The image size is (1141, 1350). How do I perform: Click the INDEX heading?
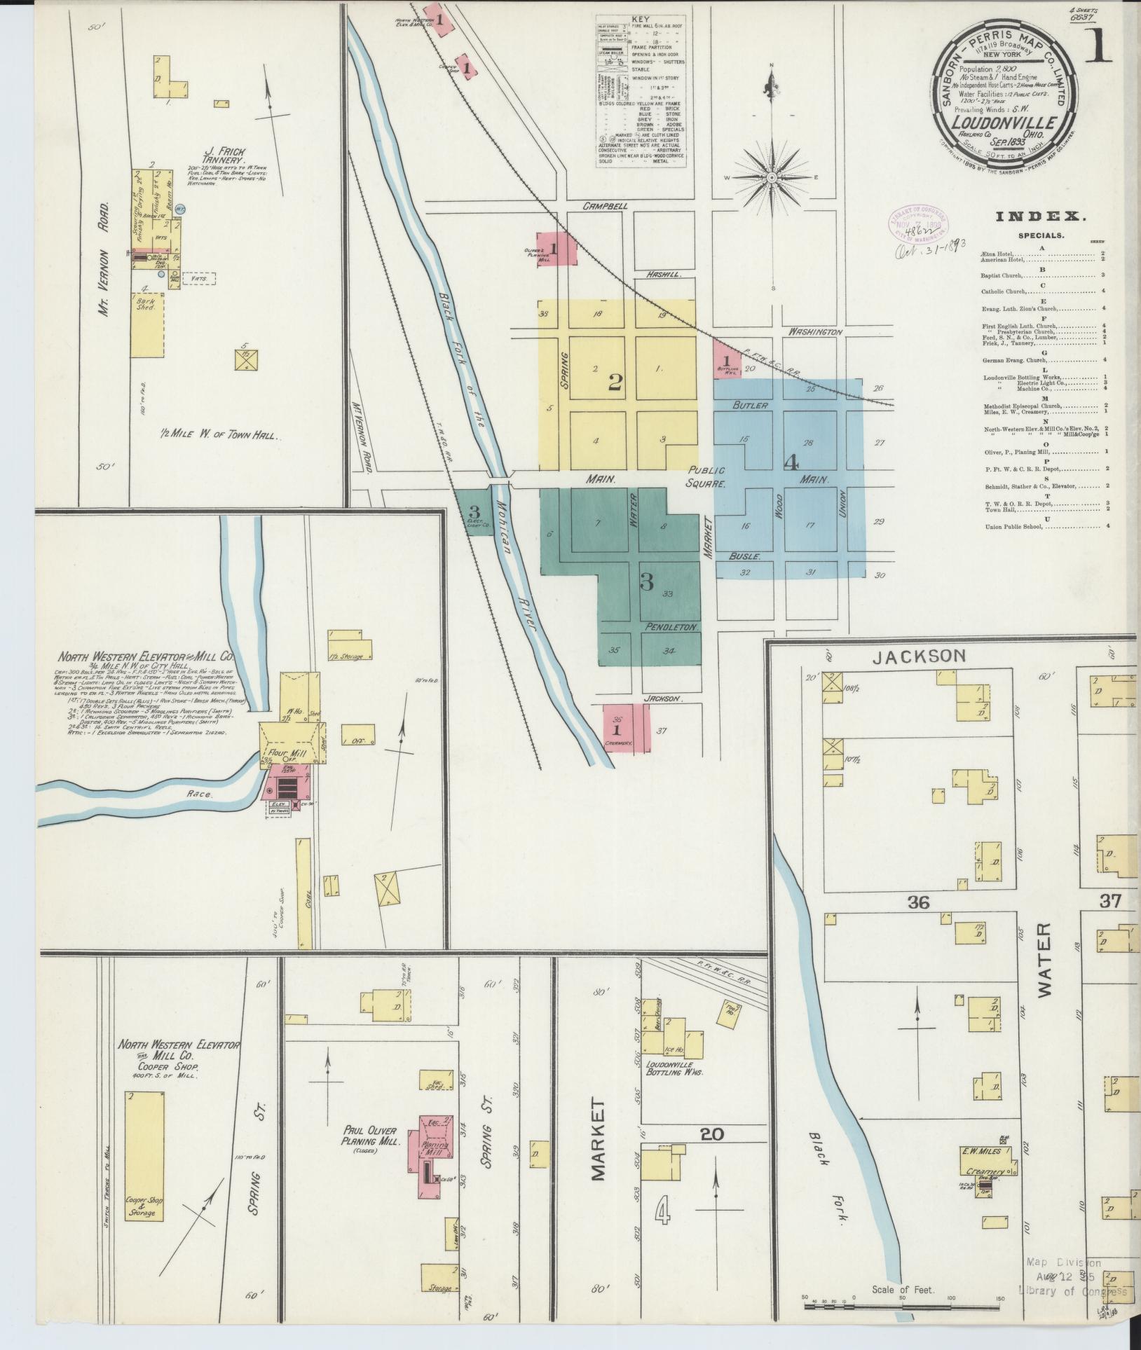[x=1041, y=217]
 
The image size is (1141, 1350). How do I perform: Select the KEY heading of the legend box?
[x=641, y=20]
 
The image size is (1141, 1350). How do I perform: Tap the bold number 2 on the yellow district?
[x=615, y=383]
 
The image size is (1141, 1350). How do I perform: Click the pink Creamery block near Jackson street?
[x=625, y=729]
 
